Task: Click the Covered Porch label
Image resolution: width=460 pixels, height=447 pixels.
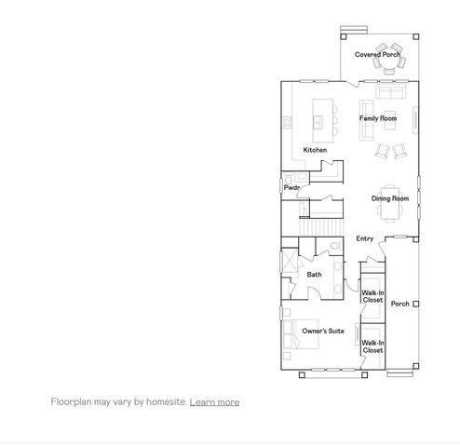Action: (376, 55)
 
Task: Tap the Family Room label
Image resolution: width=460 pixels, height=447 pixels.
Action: (378, 119)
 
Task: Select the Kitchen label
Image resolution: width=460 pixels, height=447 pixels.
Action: (315, 150)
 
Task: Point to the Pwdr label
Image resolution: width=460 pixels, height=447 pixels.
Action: (291, 188)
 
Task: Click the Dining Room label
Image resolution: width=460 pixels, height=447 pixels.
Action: (390, 198)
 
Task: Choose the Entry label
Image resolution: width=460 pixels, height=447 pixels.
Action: (365, 239)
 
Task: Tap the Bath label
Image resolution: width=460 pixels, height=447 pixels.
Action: (315, 275)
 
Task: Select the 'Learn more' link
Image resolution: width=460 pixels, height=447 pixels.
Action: (214, 402)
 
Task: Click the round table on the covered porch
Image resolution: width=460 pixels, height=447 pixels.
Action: (386, 53)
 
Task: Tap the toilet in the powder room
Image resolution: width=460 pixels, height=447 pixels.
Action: (290, 177)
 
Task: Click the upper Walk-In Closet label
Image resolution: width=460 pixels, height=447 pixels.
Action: (372, 296)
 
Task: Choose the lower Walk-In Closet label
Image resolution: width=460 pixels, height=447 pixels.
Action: (372, 346)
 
